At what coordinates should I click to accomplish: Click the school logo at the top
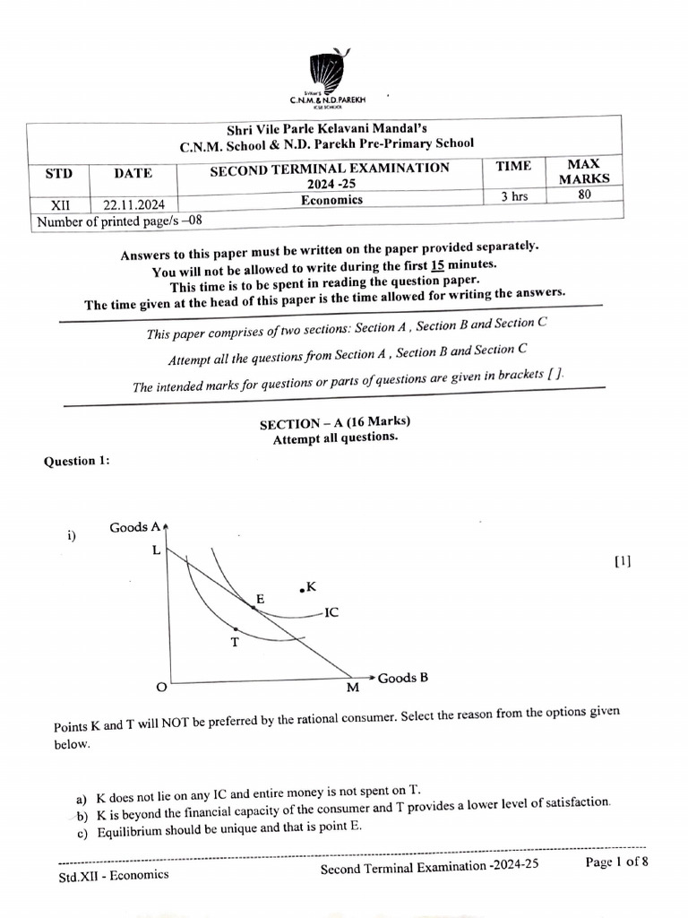coord(326,71)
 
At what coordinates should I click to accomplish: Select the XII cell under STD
coord(60,205)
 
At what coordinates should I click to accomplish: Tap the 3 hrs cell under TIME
coord(514,196)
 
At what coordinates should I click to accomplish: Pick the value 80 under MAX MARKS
coord(585,193)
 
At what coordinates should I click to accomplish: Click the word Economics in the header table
coord(331,200)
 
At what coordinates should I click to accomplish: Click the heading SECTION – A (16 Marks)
coord(334,423)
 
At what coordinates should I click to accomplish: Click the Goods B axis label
coord(402,678)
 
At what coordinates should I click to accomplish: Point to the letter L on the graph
coord(157,550)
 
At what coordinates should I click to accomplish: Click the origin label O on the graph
coord(161,688)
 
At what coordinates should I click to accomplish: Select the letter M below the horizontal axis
coord(352,688)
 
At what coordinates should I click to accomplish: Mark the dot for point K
coord(302,589)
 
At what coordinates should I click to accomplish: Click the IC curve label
coord(331,614)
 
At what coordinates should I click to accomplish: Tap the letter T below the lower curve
coord(235,642)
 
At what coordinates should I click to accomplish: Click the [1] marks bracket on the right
coord(623,562)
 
